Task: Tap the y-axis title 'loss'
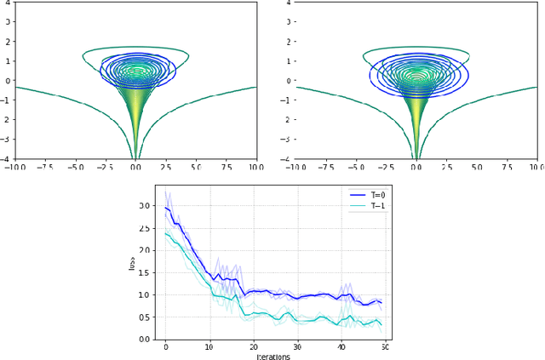click(132, 263)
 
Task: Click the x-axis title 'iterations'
click(273, 356)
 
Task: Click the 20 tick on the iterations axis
click(254, 346)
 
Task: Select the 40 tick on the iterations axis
click(341, 346)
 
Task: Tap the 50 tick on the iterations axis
click(385, 346)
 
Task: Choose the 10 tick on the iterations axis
click(209, 346)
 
